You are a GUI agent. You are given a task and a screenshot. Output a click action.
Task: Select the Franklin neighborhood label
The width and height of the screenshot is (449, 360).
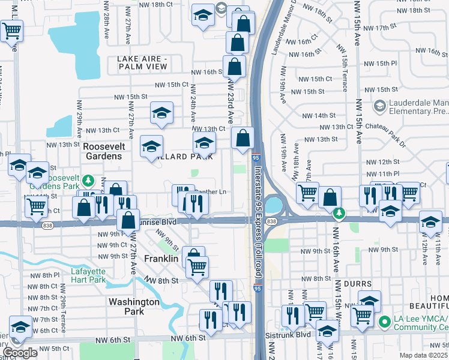161,259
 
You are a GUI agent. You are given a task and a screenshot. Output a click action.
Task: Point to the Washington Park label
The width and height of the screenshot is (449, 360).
134,307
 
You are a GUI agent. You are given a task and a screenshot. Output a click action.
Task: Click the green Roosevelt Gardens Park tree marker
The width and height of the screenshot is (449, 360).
88,180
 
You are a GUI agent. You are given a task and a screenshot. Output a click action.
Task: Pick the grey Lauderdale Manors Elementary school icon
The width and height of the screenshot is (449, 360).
379,106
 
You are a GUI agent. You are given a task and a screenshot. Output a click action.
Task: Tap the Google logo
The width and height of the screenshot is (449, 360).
20,353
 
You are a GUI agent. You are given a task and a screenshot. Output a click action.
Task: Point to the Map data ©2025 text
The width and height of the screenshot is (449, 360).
424,355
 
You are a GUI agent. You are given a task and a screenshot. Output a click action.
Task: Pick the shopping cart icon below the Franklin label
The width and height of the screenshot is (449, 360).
197,266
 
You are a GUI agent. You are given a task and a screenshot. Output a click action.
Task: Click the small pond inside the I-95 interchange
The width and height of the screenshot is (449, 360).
273,205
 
